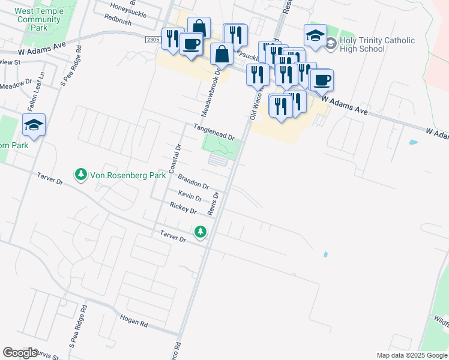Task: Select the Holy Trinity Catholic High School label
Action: tap(377, 44)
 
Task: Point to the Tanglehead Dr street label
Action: tap(214, 132)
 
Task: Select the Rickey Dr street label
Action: tap(183, 208)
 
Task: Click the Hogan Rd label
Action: tap(134, 322)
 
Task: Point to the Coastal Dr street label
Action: tap(175, 159)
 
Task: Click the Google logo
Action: tap(20, 352)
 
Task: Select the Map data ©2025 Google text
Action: tap(412, 355)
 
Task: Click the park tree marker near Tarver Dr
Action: tap(200, 231)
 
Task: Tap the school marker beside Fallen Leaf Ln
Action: tap(34, 125)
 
